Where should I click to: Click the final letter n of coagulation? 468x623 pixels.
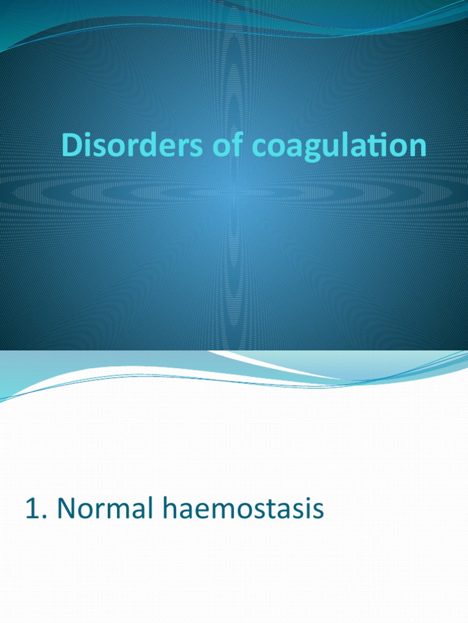click(x=417, y=149)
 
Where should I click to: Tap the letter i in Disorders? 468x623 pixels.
click(x=87, y=146)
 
